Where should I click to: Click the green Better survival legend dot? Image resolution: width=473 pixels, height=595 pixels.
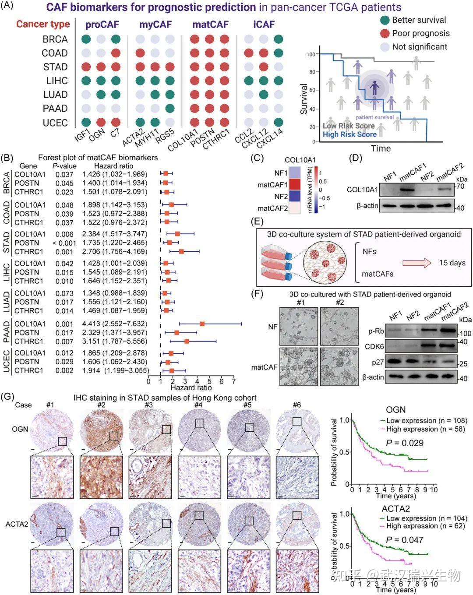click(385, 20)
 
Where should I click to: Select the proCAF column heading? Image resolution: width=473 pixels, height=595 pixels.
click(102, 25)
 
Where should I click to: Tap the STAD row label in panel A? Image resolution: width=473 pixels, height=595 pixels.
click(55, 67)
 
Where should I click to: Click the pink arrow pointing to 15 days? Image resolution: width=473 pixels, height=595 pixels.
click(417, 263)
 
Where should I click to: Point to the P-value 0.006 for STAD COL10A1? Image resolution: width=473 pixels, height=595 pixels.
click(64, 234)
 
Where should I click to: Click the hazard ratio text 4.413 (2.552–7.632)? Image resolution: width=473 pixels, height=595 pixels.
click(114, 324)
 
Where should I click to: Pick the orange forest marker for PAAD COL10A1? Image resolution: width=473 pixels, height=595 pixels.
click(202, 324)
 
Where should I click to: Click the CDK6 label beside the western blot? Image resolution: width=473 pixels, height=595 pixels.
click(374, 347)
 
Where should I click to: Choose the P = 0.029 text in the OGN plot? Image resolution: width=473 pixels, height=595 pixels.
click(405, 443)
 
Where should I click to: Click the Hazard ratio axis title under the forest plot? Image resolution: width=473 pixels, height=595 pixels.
click(191, 387)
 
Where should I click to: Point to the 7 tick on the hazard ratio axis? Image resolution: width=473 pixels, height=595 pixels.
click(234, 381)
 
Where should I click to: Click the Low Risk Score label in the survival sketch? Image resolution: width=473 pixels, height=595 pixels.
click(349, 126)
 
